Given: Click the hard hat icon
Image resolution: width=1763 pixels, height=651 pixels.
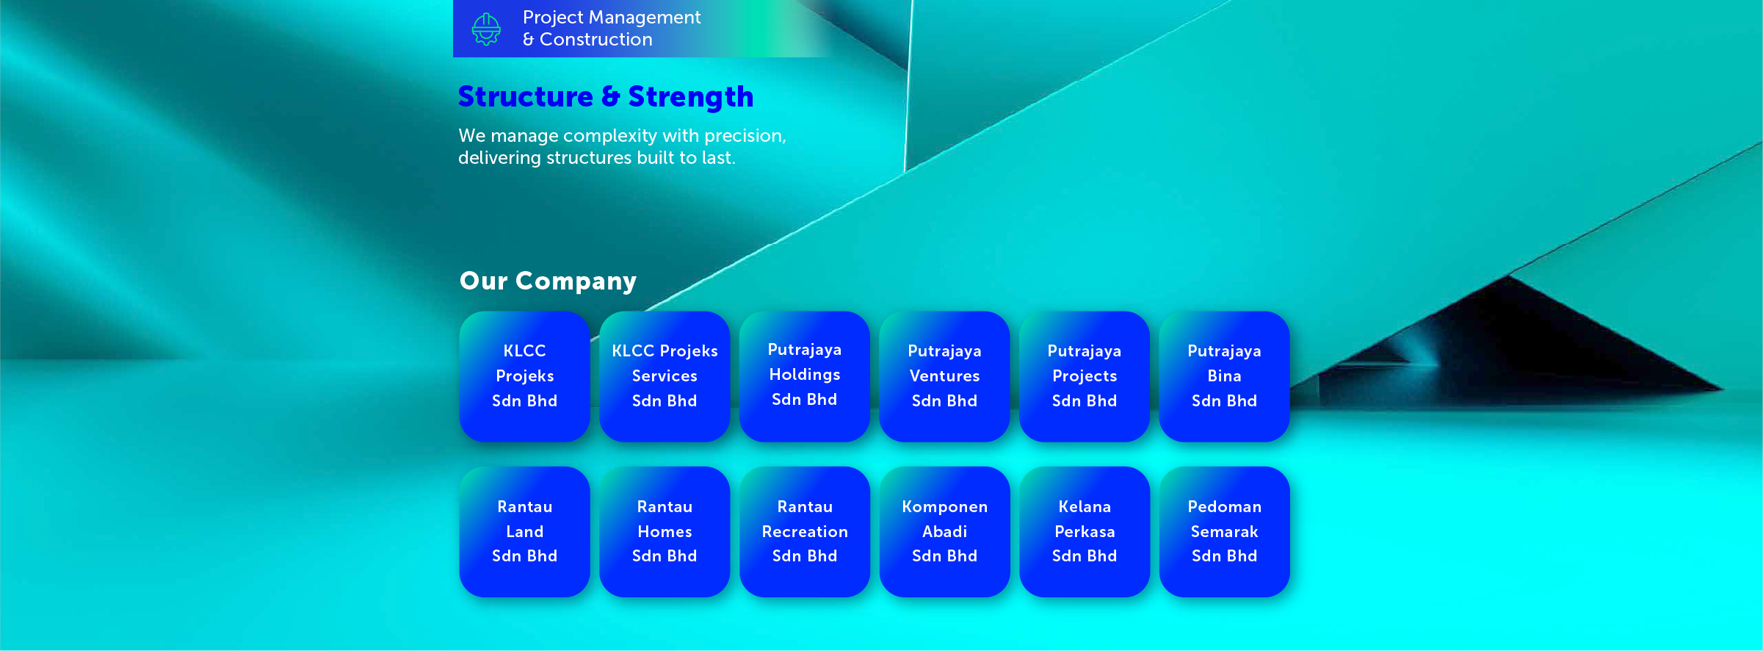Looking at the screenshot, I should [x=486, y=29].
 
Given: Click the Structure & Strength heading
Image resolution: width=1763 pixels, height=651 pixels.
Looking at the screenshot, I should [x=606, y=97].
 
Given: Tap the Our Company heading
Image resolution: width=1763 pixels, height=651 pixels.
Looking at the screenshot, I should [x=548, y=281].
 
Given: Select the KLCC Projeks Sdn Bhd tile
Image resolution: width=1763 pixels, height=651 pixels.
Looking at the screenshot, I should [x=524, y=376].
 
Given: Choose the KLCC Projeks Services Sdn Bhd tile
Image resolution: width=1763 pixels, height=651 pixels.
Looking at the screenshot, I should [x=665, y=376].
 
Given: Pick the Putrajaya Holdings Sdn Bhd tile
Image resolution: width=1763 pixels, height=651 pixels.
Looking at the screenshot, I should [x=805, y=376].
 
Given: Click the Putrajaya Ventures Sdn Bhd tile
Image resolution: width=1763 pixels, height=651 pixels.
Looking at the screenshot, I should [x=944, y=376].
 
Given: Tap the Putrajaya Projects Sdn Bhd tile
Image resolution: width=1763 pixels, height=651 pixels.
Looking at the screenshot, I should [x=1085, y=376].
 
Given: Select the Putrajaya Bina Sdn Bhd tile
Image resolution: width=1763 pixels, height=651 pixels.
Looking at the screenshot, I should [x=1224, y=376].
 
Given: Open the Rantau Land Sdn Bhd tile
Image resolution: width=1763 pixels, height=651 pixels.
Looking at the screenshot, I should [x=524, y=531].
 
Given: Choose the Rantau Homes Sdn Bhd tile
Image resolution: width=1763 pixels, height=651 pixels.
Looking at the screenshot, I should [x=665, y=531].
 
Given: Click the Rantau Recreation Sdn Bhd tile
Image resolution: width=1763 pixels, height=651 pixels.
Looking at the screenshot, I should [x=805, y=531].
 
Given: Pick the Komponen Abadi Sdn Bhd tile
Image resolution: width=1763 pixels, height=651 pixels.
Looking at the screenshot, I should [x=944, y=531].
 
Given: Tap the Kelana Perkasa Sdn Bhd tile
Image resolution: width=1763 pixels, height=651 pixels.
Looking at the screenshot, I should [x=1085, y=531].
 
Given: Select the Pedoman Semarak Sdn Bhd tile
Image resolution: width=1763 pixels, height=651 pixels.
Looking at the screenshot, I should [x=1224, y=531].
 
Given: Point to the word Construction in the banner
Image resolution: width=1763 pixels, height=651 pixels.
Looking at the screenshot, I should [x=595, y=40].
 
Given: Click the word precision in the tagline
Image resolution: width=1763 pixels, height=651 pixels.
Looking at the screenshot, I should [x=745, y=137].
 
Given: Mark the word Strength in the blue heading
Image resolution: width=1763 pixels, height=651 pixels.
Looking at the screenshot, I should [x=690, y=97].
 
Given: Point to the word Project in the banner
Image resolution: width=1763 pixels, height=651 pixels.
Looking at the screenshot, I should [x=553, y=18].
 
